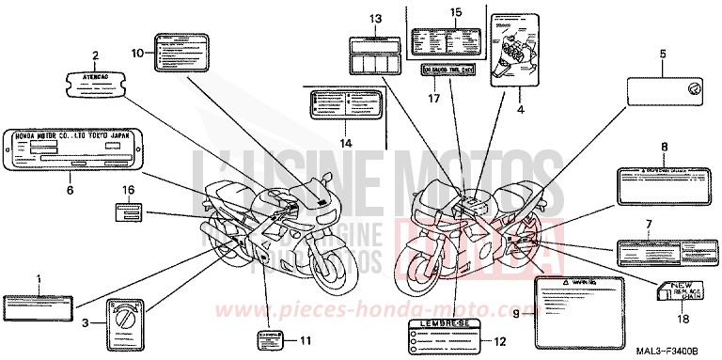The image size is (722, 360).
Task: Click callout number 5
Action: pyautogui.click(x=662, y=55)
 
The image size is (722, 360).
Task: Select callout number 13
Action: pyautogui.click(x=376, y=19)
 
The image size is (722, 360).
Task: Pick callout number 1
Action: pyautogui.click(x=39, y=279)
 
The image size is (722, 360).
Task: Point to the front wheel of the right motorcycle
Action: pyautogui.click(x=420, y=255)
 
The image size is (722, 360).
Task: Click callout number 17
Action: pyautogui.click(x=435, y=98)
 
